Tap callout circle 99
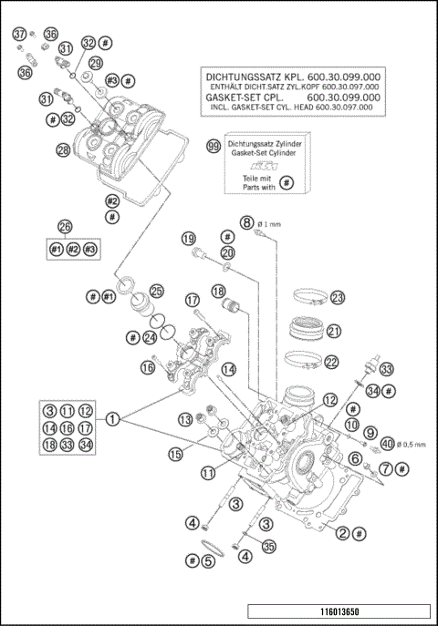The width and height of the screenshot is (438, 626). click(213, 146)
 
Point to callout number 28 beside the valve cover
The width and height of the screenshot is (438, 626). click(62, 150)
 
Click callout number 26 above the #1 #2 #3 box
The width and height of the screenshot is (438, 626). click(64, 227)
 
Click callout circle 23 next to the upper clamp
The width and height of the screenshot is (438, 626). click(338, 298)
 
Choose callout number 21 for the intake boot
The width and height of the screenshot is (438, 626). click(333, 331)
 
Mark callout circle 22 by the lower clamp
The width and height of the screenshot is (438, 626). click(331, 362)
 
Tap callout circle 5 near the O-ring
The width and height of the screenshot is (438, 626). click(208, 560)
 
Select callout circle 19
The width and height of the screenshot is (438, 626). click(189, 239)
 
